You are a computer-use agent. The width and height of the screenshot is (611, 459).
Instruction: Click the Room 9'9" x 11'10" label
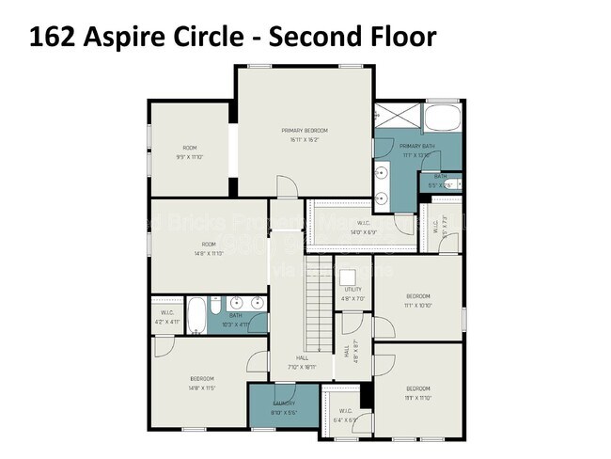click(190, 151)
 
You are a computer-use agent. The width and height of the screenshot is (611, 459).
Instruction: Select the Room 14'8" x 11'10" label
click(211, 248)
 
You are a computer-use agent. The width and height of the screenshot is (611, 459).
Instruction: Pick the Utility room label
click(352, 293)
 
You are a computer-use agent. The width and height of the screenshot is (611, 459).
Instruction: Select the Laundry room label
click(284, 406)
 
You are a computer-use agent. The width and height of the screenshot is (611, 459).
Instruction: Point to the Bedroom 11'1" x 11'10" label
click(418, 392)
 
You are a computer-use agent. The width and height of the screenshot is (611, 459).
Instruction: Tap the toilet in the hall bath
click(216, 308)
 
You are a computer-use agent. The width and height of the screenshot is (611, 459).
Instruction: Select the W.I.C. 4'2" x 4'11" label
click(167, 316)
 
